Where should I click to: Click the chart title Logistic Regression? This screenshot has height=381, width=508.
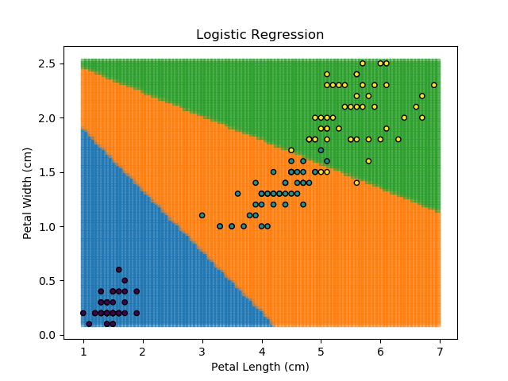[260, 35]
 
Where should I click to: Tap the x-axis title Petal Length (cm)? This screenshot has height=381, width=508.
[260, 367]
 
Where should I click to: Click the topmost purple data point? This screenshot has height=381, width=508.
[119, 270]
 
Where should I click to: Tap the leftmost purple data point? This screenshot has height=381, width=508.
[83, 313]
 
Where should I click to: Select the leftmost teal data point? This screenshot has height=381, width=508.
[202, 215]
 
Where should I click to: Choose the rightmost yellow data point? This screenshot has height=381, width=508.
[434, 85]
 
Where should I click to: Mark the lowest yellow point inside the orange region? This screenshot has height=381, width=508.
[356, 183]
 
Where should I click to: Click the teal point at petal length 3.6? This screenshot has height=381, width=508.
[237, 194]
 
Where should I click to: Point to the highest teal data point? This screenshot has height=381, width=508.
[321, 150]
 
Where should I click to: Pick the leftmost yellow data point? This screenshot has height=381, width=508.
[291, 150]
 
